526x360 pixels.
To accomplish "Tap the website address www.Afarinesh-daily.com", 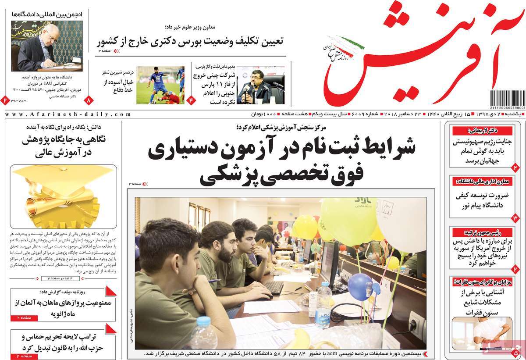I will (x=68, y=114).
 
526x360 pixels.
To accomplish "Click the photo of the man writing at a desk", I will (x=46, y=46).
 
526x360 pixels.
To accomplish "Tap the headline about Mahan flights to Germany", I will (x=63, y=307).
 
